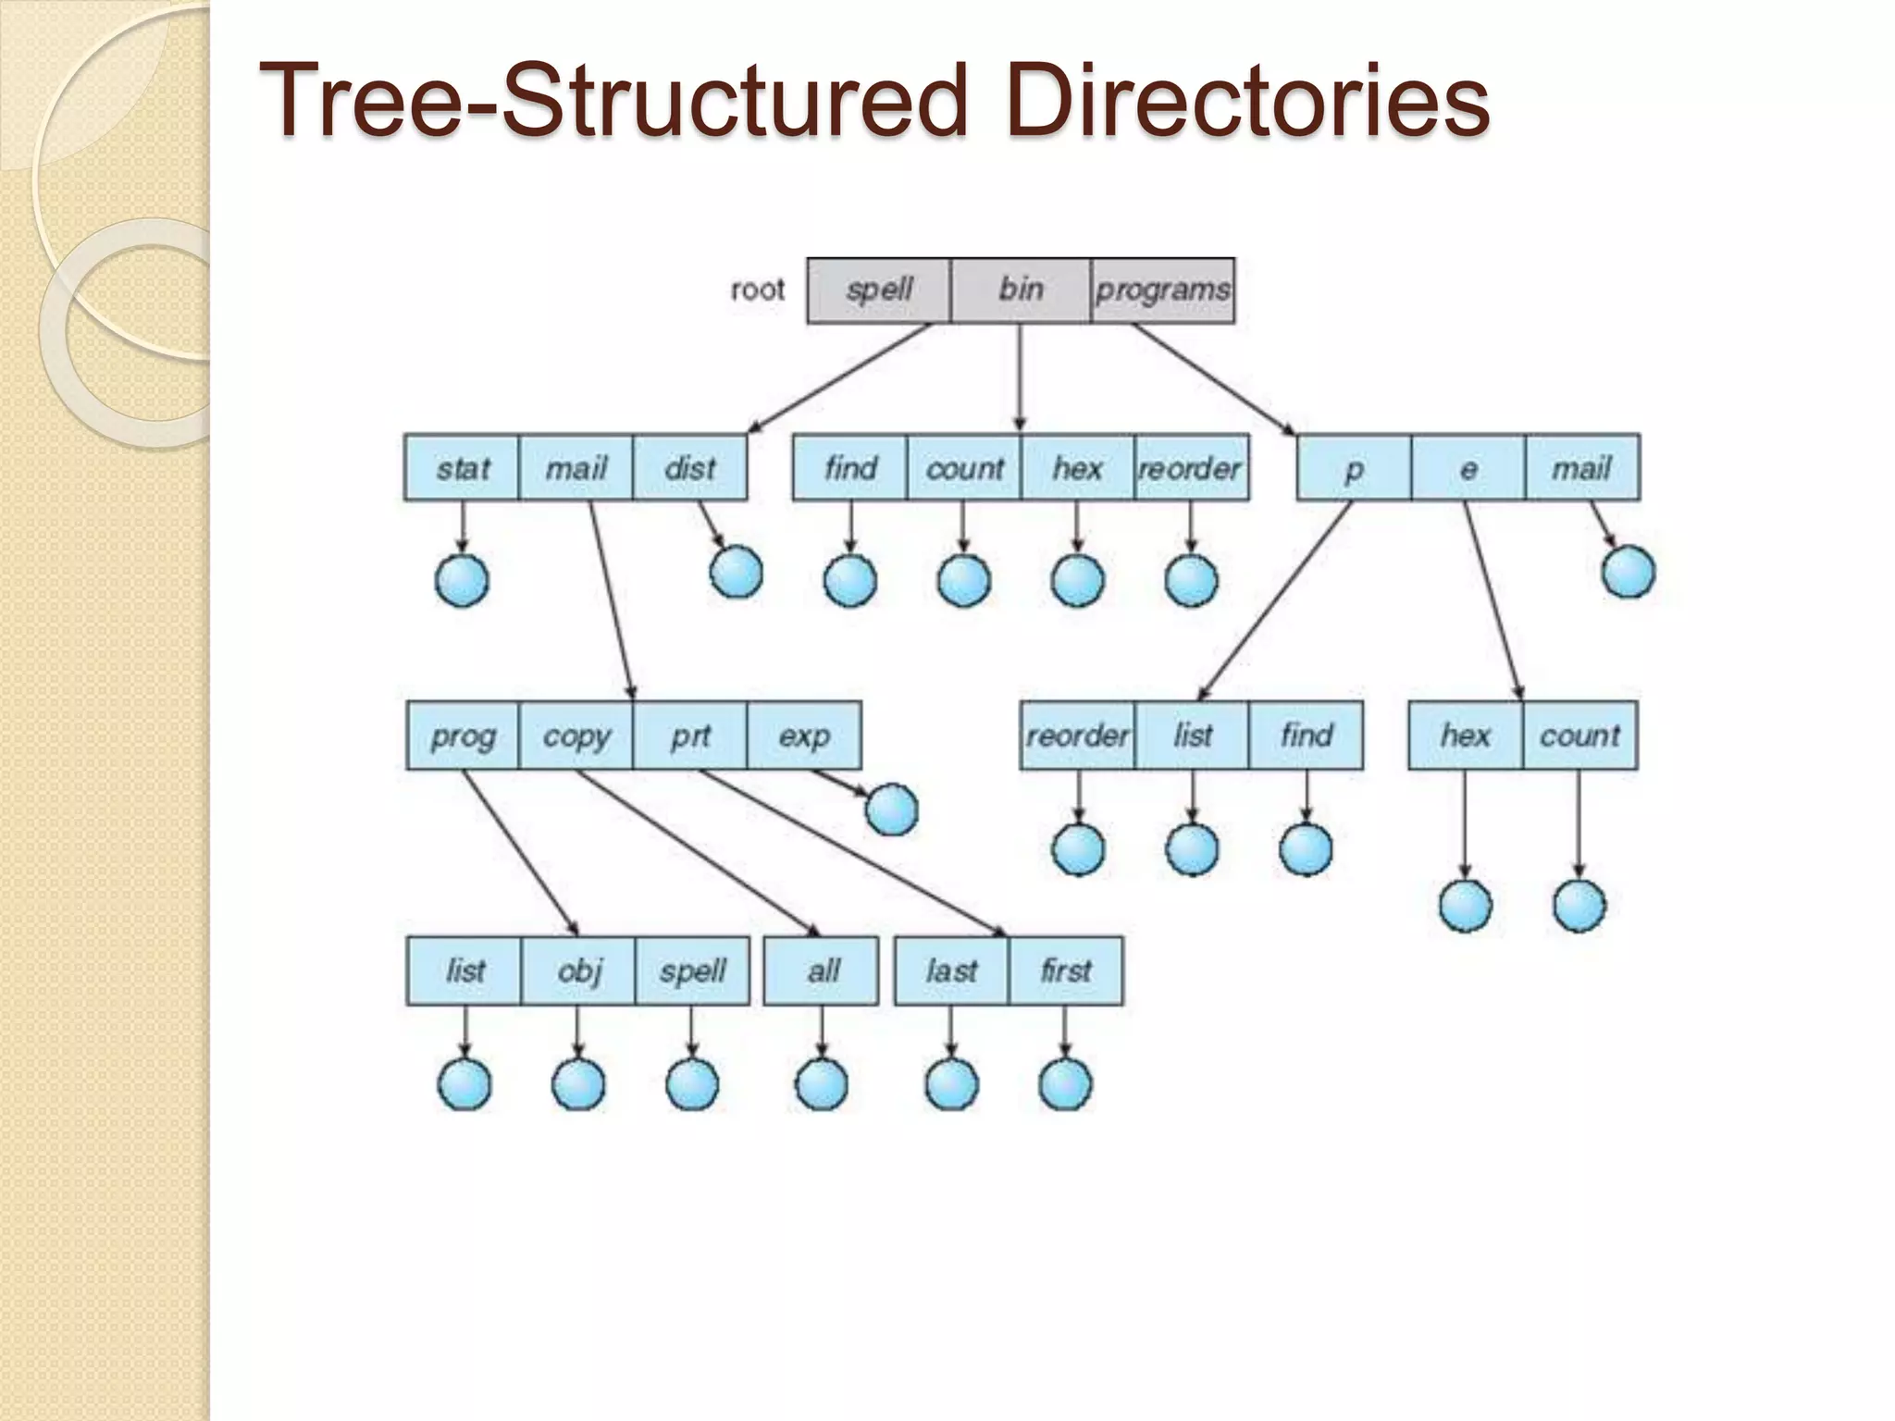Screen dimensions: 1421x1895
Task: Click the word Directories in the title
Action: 1247,100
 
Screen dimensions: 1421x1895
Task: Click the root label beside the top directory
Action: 757,290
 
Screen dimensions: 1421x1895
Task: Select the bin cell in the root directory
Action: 1021,290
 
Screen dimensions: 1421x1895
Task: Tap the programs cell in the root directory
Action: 1162,290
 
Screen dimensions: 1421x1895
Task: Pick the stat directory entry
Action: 462,468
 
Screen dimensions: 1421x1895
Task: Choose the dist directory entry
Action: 690,468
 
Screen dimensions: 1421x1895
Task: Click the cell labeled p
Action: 1354,468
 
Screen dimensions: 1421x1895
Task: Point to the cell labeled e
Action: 1468,468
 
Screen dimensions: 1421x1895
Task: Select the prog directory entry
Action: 463,735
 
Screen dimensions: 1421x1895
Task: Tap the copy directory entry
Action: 576,735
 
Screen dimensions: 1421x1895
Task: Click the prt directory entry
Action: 690,735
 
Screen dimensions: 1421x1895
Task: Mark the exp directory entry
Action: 804,735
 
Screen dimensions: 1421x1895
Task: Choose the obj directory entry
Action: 578,970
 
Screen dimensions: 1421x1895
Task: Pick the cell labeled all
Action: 822,970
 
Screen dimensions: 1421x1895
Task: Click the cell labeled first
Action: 1066,970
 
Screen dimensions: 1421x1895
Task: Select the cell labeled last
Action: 951,970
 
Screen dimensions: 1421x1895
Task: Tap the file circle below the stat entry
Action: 462,581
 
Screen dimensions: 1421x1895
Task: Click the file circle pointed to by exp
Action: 892,809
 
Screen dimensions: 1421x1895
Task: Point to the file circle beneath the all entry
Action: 822,1084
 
